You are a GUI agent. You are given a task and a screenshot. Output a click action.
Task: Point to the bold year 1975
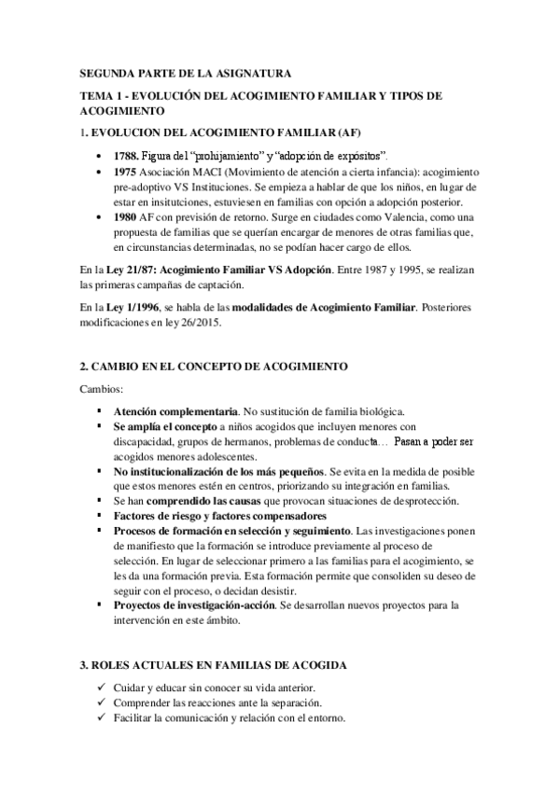[x=125, y=173]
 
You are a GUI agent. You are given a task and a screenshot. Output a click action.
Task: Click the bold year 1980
[x=125, y=217]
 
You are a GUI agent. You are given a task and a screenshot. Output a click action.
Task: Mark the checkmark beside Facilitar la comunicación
[x=101, y=718]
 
